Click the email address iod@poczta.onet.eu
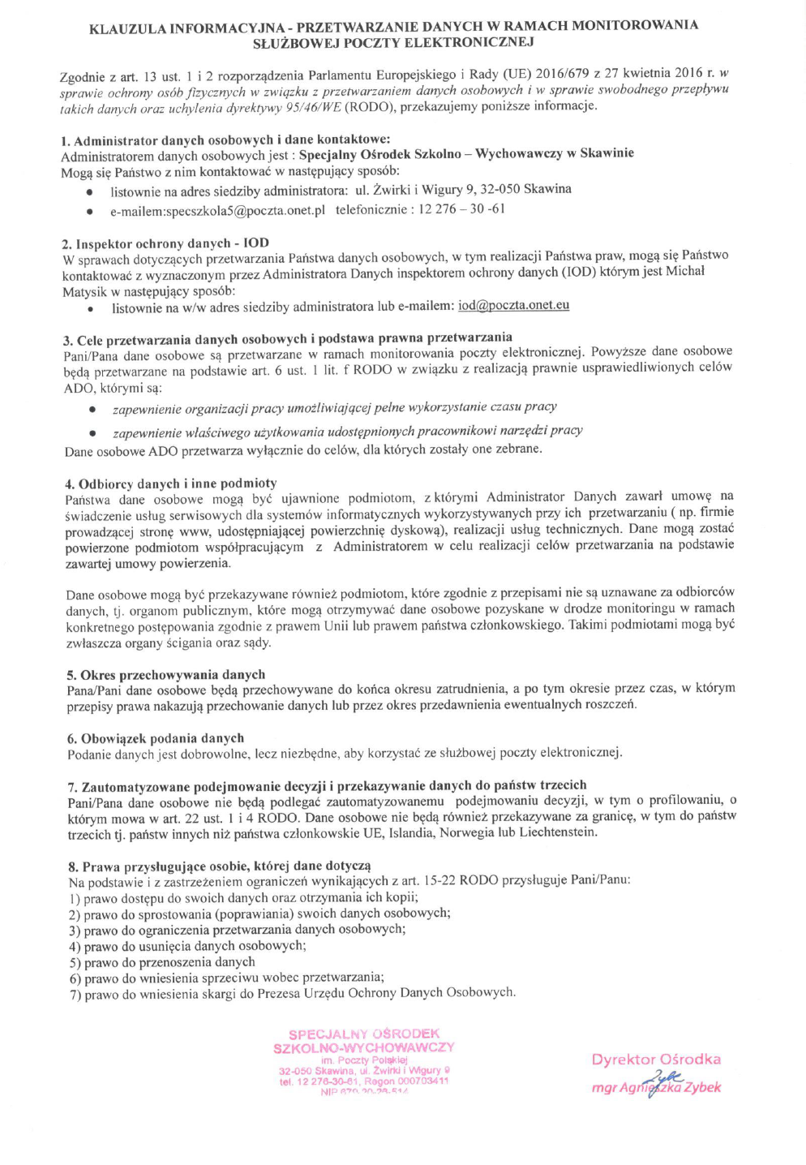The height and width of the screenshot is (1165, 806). [513, 306]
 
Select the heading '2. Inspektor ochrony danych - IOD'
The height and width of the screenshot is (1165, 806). [165, 243]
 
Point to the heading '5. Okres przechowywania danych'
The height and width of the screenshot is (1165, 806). [165, 674]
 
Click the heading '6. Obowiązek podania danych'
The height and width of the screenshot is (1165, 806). [156, 738]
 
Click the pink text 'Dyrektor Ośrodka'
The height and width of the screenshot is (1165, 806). [655, 1060]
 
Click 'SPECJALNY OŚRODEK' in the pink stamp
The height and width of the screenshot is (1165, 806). [364, 1034]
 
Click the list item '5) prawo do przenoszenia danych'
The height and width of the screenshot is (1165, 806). [162, 962]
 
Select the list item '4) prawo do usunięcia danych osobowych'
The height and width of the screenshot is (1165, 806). [187, 946]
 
